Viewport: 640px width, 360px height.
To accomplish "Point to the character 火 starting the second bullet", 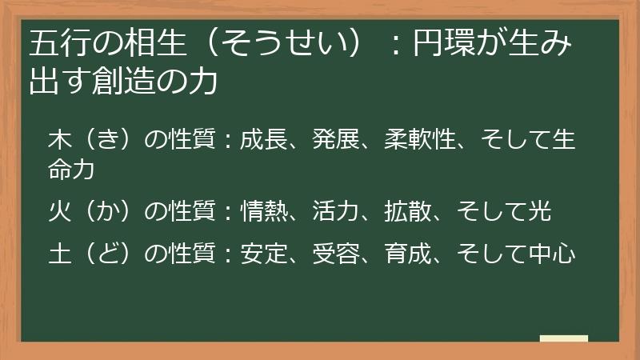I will pos(59,212).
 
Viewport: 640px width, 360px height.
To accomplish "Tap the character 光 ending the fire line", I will pos(540,212).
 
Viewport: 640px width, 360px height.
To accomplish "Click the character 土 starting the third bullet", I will pos(59,254).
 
